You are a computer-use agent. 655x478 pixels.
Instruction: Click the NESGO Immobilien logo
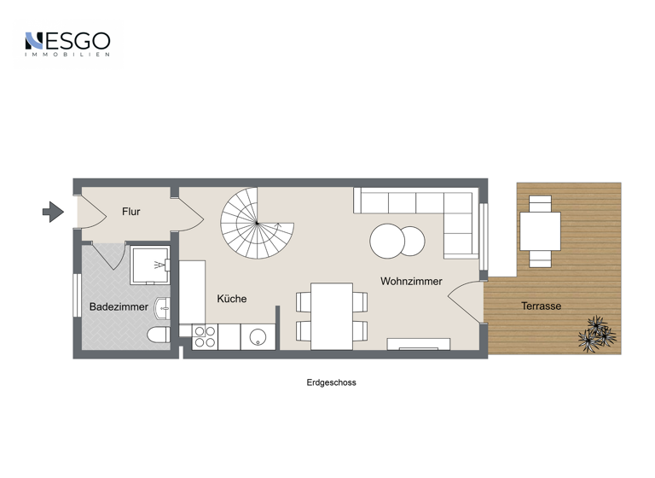[67, 44]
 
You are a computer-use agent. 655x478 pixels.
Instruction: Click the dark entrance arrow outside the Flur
[53, 211]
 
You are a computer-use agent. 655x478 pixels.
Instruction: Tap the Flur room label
[130, 212]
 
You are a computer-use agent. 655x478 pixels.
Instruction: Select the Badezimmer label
[119, 306]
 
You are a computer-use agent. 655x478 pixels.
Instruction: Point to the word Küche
[231, 299]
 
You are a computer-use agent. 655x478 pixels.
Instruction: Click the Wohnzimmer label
[411, 281]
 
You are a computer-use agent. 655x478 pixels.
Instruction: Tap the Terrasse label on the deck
[542, 306]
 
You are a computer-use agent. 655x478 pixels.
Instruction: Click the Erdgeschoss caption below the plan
[331, 382]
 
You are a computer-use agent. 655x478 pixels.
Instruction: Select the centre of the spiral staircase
[257, 224]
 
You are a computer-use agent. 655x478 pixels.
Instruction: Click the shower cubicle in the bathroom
[149, 265]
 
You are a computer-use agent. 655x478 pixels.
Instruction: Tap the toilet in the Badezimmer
[159, 335]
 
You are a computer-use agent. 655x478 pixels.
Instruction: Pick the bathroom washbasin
[165, 306]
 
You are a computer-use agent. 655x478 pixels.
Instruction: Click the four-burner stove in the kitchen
[204, 337]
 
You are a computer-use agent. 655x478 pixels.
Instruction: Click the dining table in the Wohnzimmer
[332, 316]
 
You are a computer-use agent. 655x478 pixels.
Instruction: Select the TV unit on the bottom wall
[418, 344]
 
